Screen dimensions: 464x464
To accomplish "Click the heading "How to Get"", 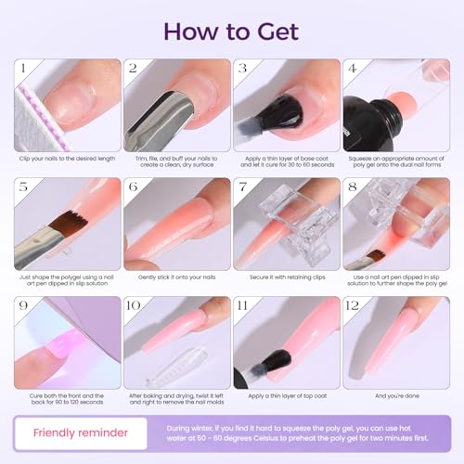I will pyautogui.click(x=231, y=30).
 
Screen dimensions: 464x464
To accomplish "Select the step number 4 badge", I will pyautogui.click(x=353, y=69).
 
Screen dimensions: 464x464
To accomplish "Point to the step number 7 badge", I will pyautogui.click(x=244, y=187).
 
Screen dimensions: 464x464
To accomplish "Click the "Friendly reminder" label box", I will pyautogui.click(x=80, y=432).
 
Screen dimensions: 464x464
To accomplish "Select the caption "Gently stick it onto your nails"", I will pyautogui.click(x=177, y=277).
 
